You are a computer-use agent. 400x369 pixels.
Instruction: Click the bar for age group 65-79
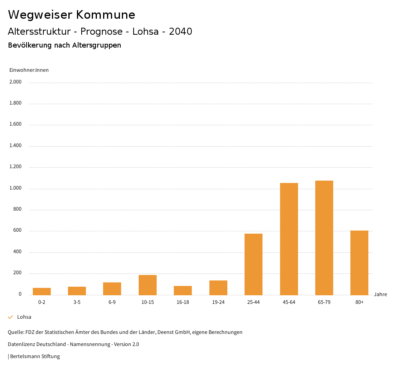tap(324, 238)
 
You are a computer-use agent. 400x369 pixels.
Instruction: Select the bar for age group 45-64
tap(289, 239)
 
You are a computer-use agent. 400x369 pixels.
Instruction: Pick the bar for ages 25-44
tap(254, 264)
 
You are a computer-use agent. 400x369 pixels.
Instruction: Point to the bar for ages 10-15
tap(148, 285)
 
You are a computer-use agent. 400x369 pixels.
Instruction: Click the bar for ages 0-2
tap(42, 291)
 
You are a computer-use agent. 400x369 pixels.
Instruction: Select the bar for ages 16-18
tap(183, 290)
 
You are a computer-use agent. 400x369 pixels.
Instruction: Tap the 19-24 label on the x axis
tap(218, 302)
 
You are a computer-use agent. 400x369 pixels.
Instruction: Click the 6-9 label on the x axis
tap(112, 302)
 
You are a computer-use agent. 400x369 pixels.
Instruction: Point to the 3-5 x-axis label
tap(77, 302)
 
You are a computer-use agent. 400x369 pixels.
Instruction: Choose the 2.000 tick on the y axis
tap(16, 82)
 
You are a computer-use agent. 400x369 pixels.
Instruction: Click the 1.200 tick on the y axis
tap(16, 167)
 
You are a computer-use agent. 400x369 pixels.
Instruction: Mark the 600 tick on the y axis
tap(17, 231)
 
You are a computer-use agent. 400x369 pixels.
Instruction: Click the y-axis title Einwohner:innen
tap(29, 70)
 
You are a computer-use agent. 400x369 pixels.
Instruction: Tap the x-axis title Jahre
tap(380, 294)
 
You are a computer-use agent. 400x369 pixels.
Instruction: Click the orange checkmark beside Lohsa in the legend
tap(11, 317)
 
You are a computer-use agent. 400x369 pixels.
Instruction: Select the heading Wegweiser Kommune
tap(71, 15)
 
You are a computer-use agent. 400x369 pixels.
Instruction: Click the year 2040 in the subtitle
tap(180, 32)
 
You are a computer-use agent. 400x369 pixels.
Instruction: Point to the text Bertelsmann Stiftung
tap(35, 356)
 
